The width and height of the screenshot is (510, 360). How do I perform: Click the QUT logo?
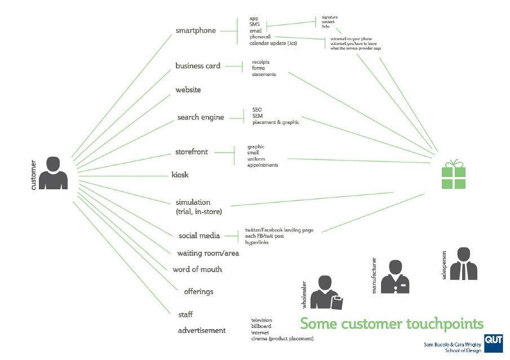click(493, 342)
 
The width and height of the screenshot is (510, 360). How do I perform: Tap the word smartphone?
click(196, 30)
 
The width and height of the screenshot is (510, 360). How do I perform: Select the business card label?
click(198, 66)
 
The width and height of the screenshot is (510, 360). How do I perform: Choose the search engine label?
click(201, 117)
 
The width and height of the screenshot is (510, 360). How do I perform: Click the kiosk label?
click(180, 175)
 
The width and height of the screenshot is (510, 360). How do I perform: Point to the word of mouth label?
click(197, 269)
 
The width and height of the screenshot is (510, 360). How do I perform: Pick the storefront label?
click(192, 152)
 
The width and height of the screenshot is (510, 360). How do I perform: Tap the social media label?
click(199, 235)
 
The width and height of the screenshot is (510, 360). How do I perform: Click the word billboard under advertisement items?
click(261, 326)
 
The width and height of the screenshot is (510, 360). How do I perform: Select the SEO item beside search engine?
click(257, 110)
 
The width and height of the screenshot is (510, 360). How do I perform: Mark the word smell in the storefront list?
click(254, 153)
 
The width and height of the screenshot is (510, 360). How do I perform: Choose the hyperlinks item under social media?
click(257, 242)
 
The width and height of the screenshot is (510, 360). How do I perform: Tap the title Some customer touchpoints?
click(391, 324)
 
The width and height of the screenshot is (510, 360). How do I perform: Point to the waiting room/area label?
click(208, 253)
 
